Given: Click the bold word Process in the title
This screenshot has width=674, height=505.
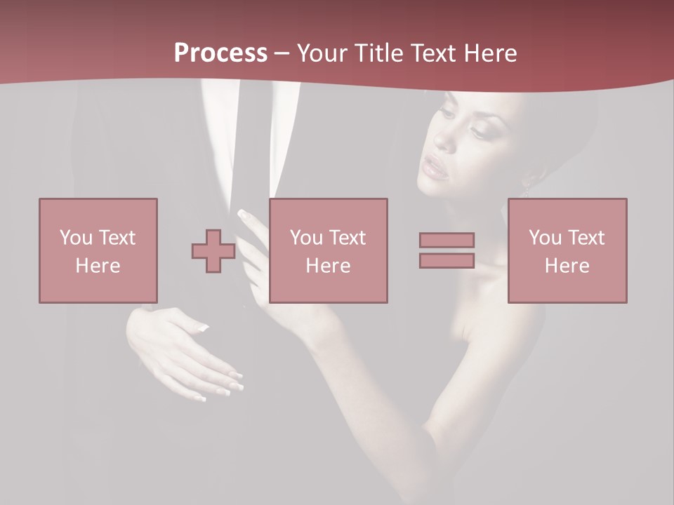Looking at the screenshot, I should tap(220, 53).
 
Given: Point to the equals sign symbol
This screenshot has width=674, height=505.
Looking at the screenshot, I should tap(447, 250).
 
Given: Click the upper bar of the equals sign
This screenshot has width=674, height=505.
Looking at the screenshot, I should tap(447, 240).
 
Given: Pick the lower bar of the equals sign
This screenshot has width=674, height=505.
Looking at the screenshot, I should tap(447, 261).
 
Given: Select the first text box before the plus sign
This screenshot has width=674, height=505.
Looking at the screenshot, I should tap(98, 250).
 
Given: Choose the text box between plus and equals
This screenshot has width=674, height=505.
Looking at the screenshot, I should tap(328, 250).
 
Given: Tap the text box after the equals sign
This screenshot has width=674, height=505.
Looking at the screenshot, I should tap(567, 250).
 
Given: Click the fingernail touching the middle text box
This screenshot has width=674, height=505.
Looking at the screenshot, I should tap(244, 214).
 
